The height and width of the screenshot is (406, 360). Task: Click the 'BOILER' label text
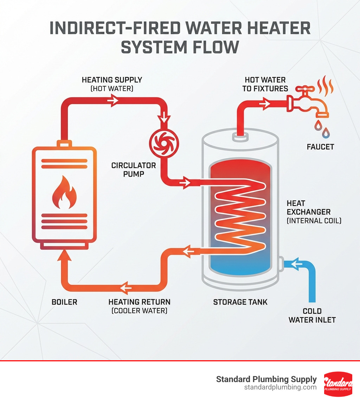64,302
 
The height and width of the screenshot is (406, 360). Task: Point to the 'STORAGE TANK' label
240,302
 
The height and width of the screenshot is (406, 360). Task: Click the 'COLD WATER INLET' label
312,315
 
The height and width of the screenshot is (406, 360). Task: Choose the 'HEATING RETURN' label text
139,302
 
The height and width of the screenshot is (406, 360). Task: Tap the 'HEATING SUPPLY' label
112,80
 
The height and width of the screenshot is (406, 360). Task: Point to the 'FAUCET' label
320,146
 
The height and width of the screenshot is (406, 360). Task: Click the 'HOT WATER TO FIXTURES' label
265,84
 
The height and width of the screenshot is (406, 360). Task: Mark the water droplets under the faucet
322,128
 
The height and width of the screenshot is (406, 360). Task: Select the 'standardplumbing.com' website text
280,387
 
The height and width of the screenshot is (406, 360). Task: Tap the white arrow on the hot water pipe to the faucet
265,103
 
